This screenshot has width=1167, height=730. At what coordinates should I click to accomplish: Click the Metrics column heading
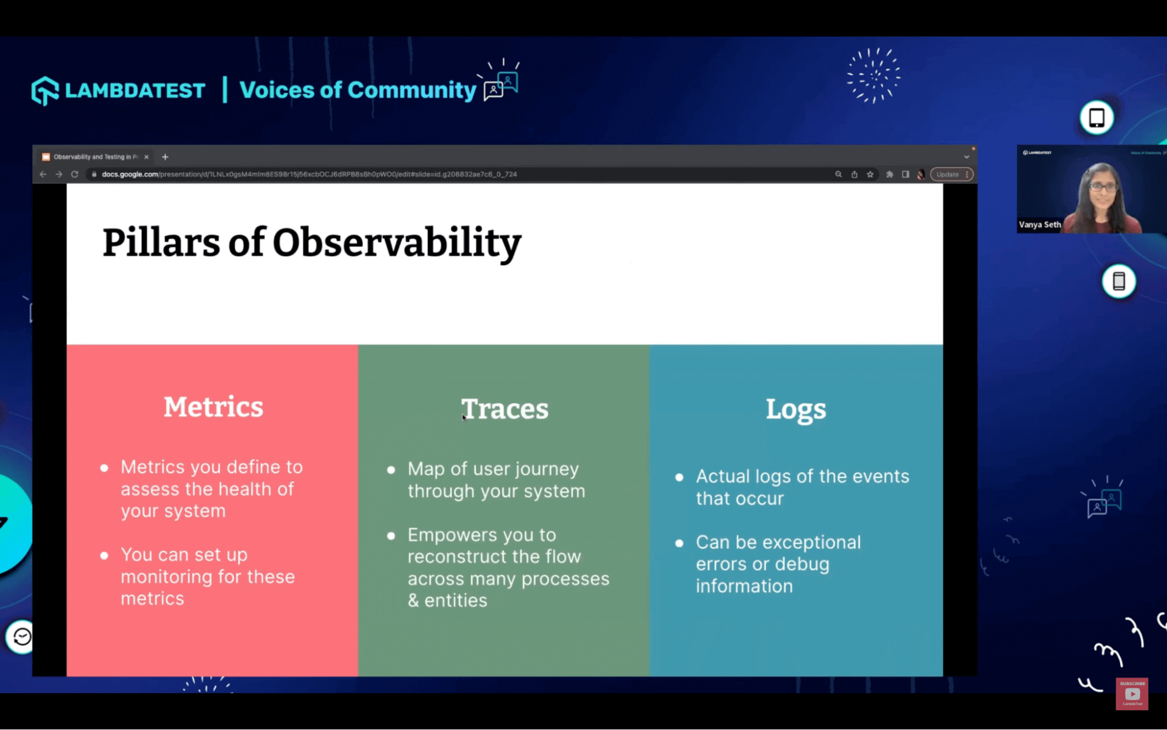click(213, 407)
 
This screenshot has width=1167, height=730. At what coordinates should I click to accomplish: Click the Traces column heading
click(505, 409)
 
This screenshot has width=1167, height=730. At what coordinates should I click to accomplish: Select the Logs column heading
click(796, 409)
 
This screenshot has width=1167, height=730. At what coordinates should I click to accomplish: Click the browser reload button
click(75, 174)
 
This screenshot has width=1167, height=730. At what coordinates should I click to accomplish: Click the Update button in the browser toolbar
click(947, 174)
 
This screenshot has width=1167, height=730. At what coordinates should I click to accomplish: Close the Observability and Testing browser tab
click(147, 157)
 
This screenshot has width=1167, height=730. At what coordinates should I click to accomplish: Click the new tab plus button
click(165, 157)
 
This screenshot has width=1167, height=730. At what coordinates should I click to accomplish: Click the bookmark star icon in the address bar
click(870, 174)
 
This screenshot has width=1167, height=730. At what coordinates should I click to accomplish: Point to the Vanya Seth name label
click(1040, 224)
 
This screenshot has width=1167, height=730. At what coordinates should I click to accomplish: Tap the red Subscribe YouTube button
click(1131, 693)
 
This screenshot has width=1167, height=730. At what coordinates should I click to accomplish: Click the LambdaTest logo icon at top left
click(45, 91)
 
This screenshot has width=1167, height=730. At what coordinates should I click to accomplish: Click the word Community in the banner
click(412, 90)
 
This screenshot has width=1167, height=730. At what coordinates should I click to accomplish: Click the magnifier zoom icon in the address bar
click(838, 174)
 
